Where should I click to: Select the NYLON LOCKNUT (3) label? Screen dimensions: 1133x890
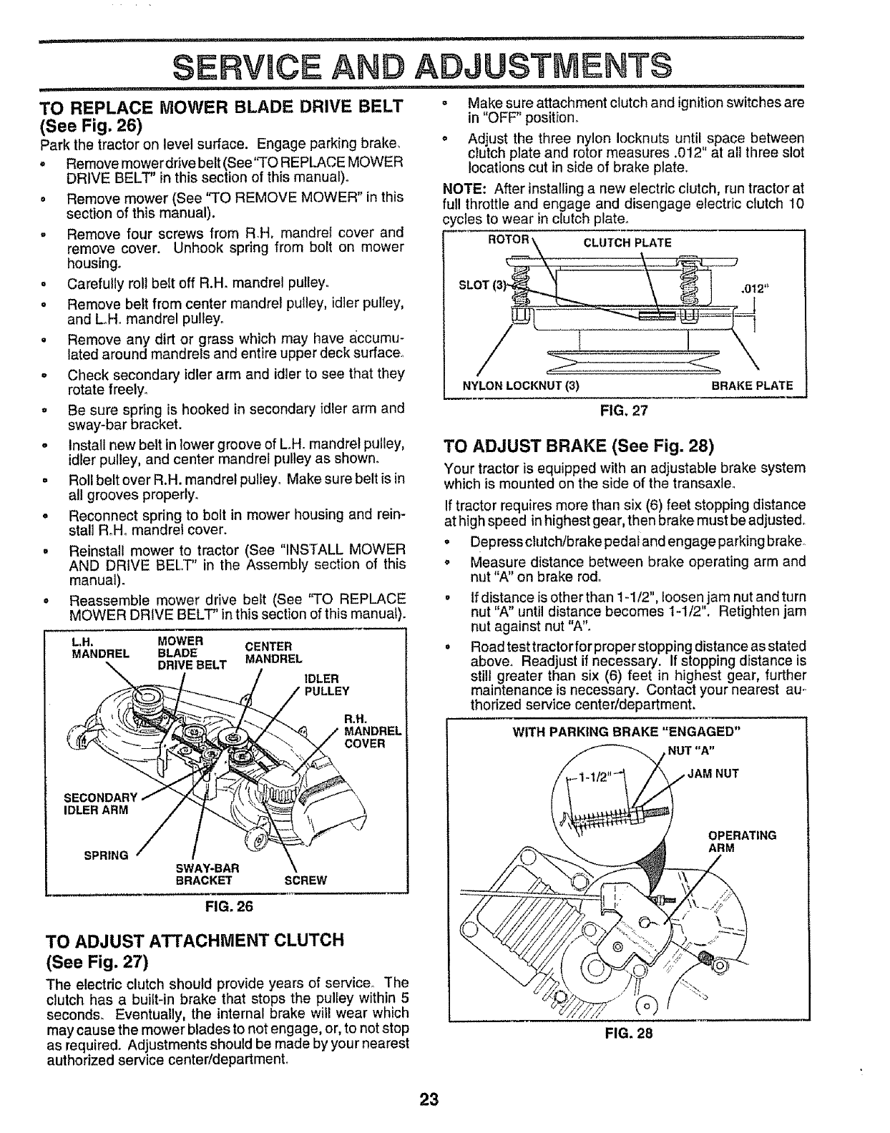521,386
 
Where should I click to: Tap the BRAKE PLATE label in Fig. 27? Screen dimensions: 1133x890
752,386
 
